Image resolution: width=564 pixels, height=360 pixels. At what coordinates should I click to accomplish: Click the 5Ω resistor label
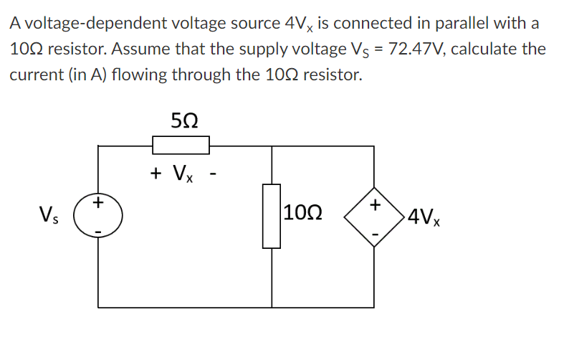click(181, 120)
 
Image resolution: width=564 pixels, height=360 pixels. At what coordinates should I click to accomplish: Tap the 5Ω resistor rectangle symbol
click(181, 146)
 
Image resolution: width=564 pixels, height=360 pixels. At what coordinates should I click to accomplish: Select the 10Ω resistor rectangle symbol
click(272, 215)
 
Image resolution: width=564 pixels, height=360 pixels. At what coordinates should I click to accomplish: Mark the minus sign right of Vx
click(211, 173)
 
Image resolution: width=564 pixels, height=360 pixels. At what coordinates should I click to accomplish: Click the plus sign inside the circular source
click(98, 204)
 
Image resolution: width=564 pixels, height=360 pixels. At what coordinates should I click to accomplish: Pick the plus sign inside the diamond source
click(373, 205)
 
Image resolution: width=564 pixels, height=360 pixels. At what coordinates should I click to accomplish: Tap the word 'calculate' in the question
click(486, 49)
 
